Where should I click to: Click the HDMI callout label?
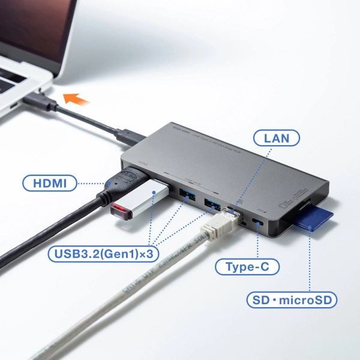51,183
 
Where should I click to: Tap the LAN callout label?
277,139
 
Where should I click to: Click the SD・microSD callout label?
292,299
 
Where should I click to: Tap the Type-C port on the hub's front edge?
259,223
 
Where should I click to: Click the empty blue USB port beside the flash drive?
185,193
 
